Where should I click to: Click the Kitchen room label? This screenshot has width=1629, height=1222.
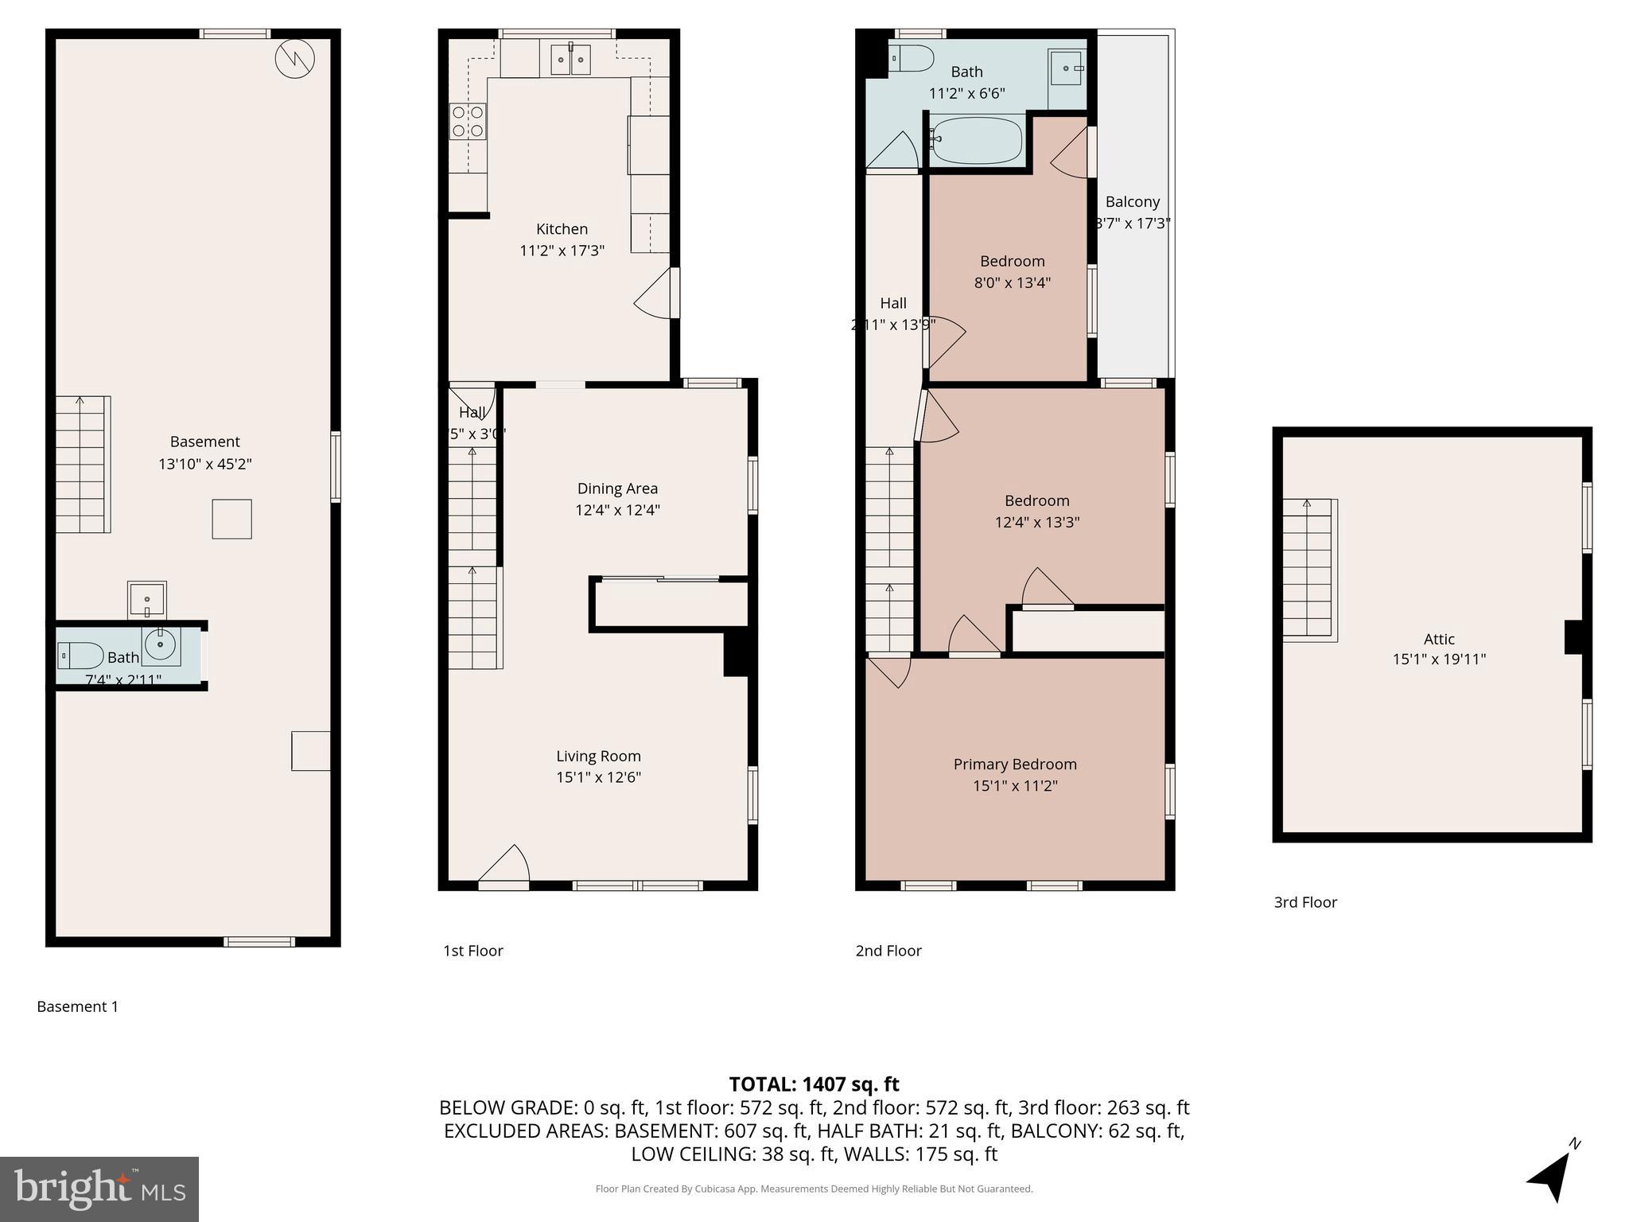pos(562,229)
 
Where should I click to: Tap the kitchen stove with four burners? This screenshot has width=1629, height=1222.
pos(468,122)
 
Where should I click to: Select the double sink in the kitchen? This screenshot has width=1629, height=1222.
pos(570,59)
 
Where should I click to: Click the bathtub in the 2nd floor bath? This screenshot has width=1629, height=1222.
pos(977,140)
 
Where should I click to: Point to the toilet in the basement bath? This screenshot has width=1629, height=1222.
pos(80,656)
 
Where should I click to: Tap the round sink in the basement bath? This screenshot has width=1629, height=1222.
pos(161,644)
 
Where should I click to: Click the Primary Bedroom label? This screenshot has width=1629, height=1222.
pos(1015,764)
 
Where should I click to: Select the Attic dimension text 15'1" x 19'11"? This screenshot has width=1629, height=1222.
pos(1439,659)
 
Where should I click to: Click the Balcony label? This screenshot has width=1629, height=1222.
pos(1132,201)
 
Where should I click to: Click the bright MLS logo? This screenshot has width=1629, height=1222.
pos(99,1189)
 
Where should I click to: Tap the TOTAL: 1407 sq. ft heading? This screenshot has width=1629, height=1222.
pos(814,1084)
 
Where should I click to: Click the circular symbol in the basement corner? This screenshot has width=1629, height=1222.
pos(295,59)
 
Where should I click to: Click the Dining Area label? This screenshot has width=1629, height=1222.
pos(617,488)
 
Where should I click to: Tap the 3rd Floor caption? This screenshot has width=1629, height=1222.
pos(1305,902)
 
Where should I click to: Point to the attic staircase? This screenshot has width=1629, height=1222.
pos(1308,570)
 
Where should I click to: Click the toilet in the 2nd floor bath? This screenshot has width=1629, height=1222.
pos(912,58)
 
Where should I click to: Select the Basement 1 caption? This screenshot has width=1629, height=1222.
pos(77,1006)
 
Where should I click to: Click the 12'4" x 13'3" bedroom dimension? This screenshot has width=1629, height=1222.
pos(1036,522)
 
